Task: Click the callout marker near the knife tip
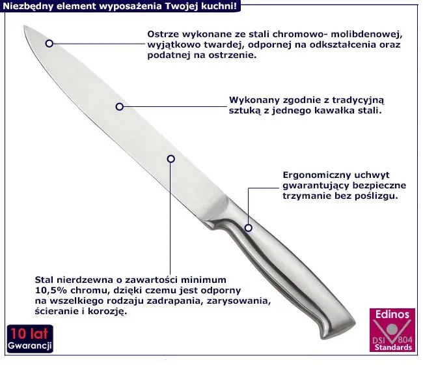pyautogui.click(x=49, y=43)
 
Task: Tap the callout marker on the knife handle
pyautogui.click(x=249, y=227)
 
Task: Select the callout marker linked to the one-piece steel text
pyautogui.click(x=120, y=107)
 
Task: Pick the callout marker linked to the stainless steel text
pyautogui.click(x=171, y=159)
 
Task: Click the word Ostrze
pyautogui.click(x=163, y=35)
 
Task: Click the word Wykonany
pyautogui.click(x=254, y=100)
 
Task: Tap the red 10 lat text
pyautogui.click(x=30, y=334)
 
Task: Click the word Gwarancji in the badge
pyautogui.click(x=30, y=346)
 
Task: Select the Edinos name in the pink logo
pyautogui.click(x=392, y=314)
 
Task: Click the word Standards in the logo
pyautogui.click(x=393, y=347)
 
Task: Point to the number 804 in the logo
pyautogui.click(x=405, y=340)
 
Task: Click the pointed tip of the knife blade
pyautogui.click(x=24, y=26)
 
